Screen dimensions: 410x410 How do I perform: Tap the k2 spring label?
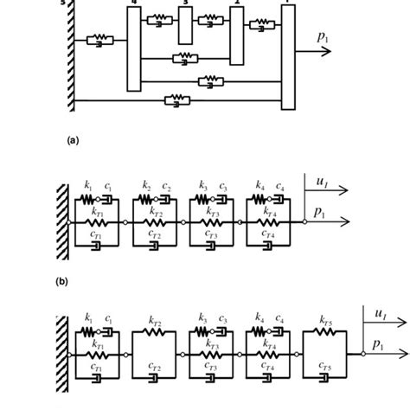click(147, 187)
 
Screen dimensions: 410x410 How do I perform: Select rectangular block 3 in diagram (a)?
click(184, 22)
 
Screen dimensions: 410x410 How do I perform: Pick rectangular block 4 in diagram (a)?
click(132, 48)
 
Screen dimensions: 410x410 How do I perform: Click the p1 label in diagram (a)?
click(323, 37)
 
